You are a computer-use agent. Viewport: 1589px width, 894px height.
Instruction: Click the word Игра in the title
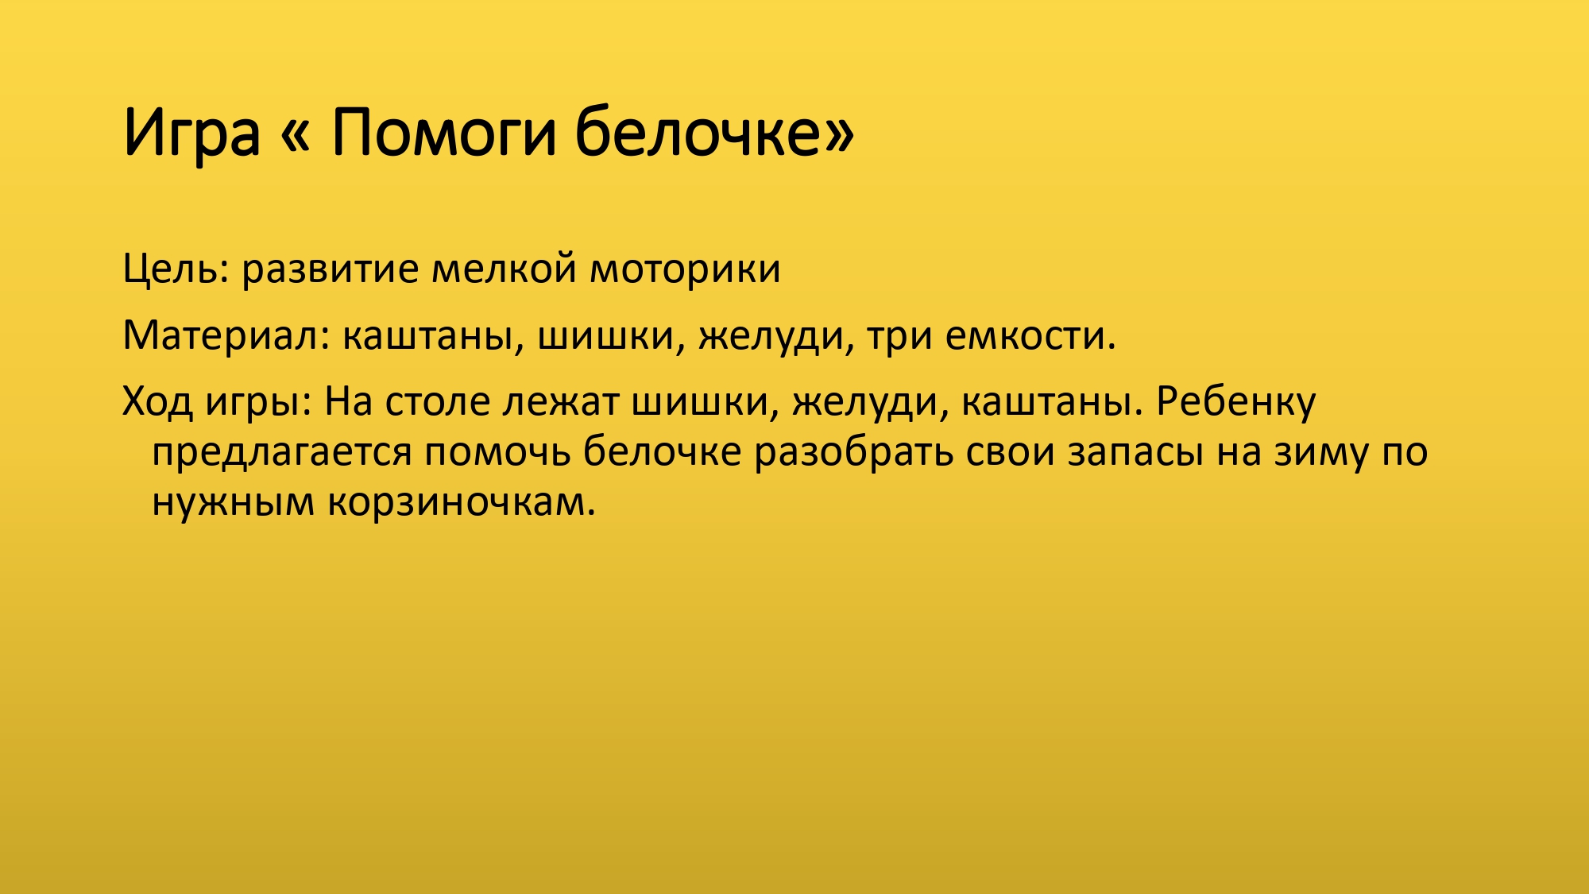point(191,133)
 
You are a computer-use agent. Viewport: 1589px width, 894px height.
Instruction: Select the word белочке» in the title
point(714,133)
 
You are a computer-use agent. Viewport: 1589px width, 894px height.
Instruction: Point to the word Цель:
point(176,269)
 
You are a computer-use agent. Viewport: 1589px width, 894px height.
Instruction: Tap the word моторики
point(685,269)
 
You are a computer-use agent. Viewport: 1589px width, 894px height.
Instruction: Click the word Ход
point(157,402)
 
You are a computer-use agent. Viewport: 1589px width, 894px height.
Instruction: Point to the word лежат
point(560,402)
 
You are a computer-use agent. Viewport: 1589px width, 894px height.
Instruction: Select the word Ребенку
point(1235,402)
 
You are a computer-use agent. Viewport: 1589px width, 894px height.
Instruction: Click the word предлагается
point(282,453)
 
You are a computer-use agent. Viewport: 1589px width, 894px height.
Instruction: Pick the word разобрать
point(853,453)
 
